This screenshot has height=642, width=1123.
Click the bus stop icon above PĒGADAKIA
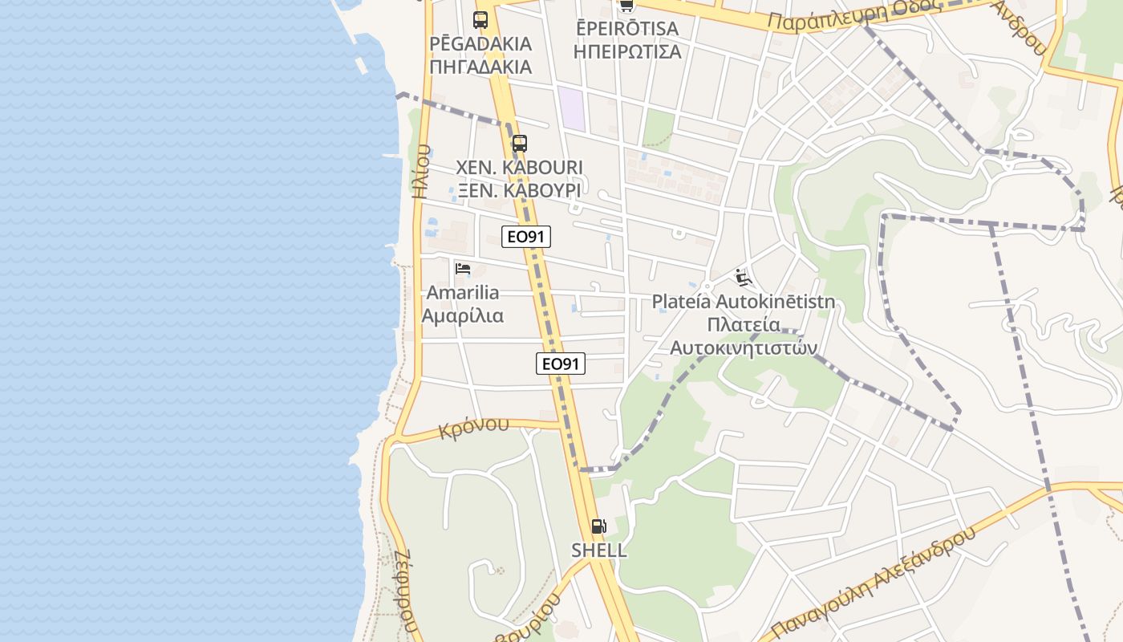[480, 20]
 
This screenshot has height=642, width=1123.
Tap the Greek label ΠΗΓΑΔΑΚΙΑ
[480, 66]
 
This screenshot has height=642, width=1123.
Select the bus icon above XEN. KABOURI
[520, 144]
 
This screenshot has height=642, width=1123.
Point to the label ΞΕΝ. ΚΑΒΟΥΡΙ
[519, 190]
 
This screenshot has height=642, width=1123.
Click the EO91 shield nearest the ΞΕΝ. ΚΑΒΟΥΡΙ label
[526, 237]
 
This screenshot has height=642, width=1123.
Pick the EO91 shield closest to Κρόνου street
[561, 364]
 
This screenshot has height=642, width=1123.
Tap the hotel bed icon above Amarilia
[463, 269]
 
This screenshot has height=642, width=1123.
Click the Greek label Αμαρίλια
[463, 315]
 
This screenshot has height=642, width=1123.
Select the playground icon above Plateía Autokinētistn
[743, 278]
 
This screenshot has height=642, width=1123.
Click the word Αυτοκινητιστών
[743, 347]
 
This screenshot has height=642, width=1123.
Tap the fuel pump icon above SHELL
[598, 526]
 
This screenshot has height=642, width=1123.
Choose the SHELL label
[598, 551]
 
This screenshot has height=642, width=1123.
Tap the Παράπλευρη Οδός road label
[854, 14]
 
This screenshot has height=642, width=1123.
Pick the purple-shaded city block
[572, 108]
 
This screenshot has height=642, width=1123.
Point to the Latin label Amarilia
[463, 292]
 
